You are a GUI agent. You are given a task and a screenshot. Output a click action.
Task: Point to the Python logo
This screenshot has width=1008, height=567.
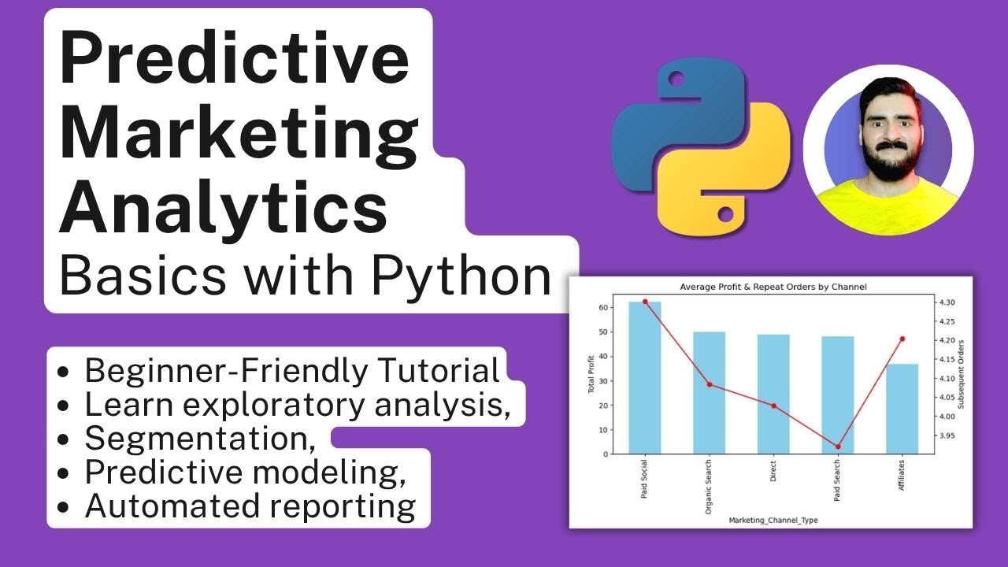701,149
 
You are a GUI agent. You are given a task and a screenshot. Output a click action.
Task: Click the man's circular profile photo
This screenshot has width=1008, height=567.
888,150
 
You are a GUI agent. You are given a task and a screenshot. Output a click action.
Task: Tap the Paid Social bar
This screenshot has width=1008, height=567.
645,377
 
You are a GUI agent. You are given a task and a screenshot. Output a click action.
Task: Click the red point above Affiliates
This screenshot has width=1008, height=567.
902,339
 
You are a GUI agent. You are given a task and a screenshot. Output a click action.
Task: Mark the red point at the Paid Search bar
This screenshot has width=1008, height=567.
838,447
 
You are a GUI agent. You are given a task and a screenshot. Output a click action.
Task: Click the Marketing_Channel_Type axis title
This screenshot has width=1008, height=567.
773,521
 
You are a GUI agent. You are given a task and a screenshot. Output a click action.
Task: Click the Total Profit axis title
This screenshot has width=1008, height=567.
591,377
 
